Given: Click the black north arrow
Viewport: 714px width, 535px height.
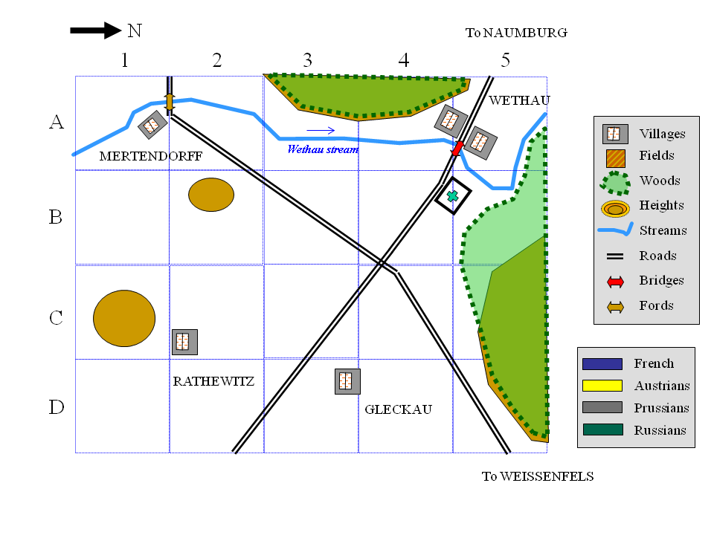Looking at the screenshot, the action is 96,30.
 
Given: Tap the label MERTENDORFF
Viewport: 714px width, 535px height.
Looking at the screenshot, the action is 151,156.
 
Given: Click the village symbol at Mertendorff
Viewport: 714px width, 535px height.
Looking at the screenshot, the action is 152,124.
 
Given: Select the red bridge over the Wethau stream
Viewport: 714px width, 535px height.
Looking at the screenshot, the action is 457,149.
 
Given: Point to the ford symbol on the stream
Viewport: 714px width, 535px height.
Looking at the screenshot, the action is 170,103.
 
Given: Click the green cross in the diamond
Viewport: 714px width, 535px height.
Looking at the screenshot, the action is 452,196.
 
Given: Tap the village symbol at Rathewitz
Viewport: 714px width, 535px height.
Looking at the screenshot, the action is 184,342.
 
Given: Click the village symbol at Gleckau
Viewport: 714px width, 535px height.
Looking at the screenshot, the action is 347,381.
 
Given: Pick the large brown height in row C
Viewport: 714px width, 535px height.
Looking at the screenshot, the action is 124,319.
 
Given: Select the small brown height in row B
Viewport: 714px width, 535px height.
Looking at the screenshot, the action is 211,195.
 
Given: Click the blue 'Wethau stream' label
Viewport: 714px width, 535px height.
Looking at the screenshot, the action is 323,149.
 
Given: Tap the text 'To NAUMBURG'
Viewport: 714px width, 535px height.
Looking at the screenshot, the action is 516,33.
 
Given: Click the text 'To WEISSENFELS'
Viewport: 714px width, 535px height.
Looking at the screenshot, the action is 538,476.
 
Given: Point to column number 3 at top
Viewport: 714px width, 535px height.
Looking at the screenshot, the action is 308,60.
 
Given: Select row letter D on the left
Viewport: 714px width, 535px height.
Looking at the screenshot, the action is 56,407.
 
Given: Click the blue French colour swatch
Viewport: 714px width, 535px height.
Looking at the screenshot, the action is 602,364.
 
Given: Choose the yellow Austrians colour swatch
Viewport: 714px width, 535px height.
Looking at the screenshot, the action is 602,386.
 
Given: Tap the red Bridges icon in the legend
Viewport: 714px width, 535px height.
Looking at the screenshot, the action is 615,282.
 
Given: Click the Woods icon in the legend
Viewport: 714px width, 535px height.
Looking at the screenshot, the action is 615,184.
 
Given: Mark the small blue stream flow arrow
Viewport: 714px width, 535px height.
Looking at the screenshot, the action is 321,131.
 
